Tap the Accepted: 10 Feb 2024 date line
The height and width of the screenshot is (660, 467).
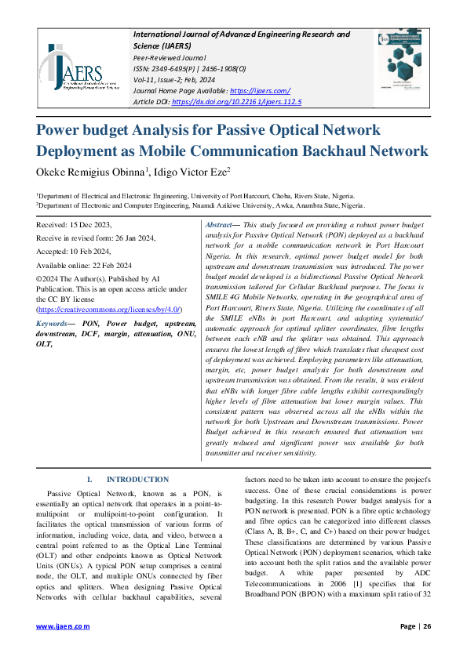click(74, 253)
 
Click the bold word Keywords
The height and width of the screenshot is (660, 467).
click(55, 323)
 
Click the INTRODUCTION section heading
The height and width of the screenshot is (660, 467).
click(137, 479)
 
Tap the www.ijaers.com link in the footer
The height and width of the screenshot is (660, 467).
click(62, 626)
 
